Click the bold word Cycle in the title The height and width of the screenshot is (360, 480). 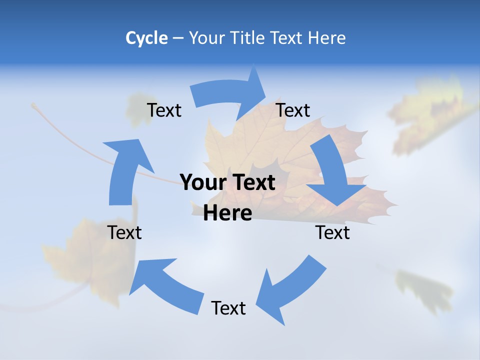point(146,38)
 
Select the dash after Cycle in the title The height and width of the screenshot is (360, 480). point(178,38)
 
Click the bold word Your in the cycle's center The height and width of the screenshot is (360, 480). point(202,182)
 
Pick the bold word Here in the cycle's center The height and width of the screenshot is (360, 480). point(227,213)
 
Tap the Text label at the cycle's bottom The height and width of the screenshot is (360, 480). point(228,308)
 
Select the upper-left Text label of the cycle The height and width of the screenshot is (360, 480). point(164,110)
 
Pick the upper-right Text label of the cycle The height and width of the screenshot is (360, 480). point(293,110)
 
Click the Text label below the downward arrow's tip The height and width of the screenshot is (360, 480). point(332,232)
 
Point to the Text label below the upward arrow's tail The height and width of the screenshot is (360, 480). point(124,232)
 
